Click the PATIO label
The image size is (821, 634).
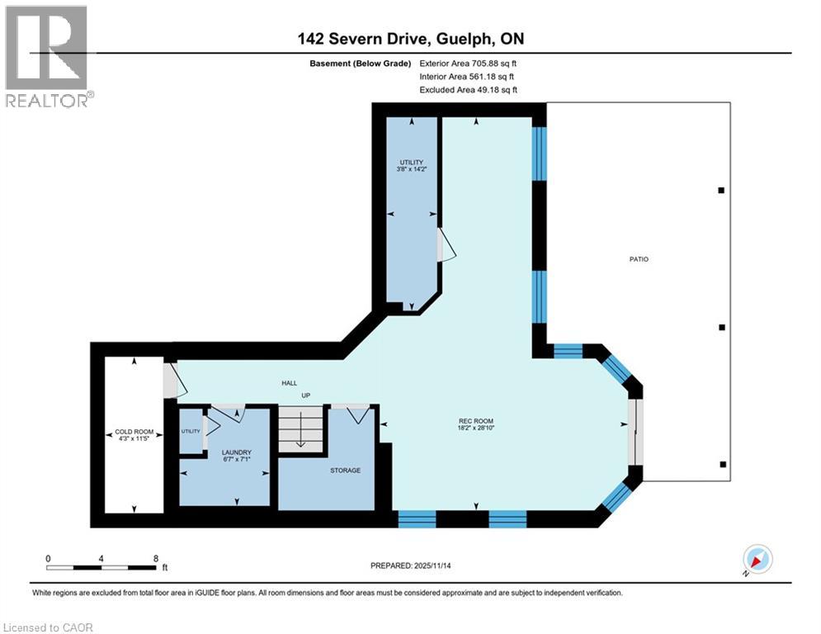point(639,259)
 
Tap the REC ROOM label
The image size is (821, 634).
point(476,421)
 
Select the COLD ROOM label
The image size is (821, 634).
point(134,433)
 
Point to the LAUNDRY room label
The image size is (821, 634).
point(237,452)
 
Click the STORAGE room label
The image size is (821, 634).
point(345,471)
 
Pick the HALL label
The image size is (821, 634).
point(290,383)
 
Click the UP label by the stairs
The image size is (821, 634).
point(306,395)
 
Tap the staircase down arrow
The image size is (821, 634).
point(301,429)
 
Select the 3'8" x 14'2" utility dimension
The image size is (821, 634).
point(412,169)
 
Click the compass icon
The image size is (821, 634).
point(757,559)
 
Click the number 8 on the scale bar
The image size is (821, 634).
point(155,559)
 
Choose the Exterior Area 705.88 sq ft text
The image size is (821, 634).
point(468,64)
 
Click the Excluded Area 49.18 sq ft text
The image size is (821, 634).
point(468,90)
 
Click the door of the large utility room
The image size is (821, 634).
point(446,244)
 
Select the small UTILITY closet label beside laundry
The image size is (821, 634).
point(191,431)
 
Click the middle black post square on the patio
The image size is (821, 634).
point(722,328)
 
